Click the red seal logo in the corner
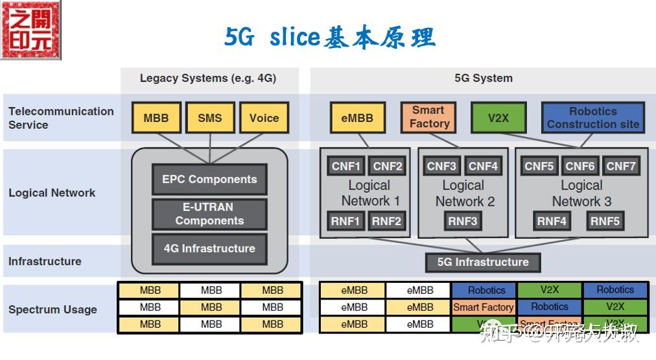pyautogui.click(x=30, y=30)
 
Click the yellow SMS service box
pyautogui.click(x=209, y=118)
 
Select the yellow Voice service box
pyautogui.click(x=264, y=118)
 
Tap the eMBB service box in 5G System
pyautogui.click(x=357, y=118)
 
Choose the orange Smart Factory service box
pyautogui.click(x=428, y=117)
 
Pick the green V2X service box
pyautogui.click(x=498, y=118)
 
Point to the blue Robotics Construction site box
pyautogui.click(x=592, y=118)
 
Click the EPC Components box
pyautogui.click(x=209, y=179)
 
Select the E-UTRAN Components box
pyautogui.click(x=209, y=214)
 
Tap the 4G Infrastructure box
pyautogui.click(x=209, y=248)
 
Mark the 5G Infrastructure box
pyautogui.click(x=483, y=262)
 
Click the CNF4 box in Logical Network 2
pyautogui.click(x=483, y=166)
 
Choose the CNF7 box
pyautogui.click(x=621, y=166)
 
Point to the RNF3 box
pyautogui.click(x=463, y=221)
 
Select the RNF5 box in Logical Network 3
pyautogui.click(x=605, y=221)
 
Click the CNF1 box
pyautogui.click(x=346, y=166)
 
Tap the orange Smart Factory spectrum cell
pyautogui.click(x=484, y=307)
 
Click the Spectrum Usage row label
pyautogui.click(x=53, y=309)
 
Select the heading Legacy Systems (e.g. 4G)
pyautogui.click(x=208, y=78)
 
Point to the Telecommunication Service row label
pyautogui.click(x=60, y=118)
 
